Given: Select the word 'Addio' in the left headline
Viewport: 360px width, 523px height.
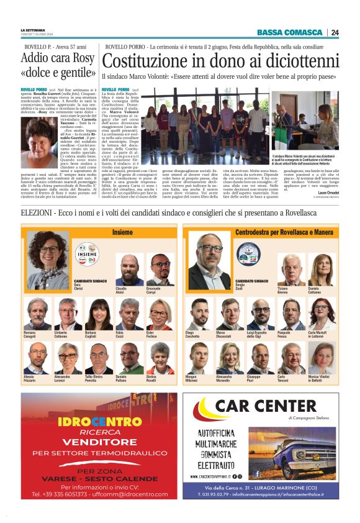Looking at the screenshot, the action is tap(37, 59).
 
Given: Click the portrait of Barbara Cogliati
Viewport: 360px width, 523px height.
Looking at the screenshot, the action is tap(98, 314).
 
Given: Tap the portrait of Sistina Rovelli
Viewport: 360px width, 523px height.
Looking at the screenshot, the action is tap(160, 358).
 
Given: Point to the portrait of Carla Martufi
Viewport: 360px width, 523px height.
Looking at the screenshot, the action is tap(322, 314).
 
